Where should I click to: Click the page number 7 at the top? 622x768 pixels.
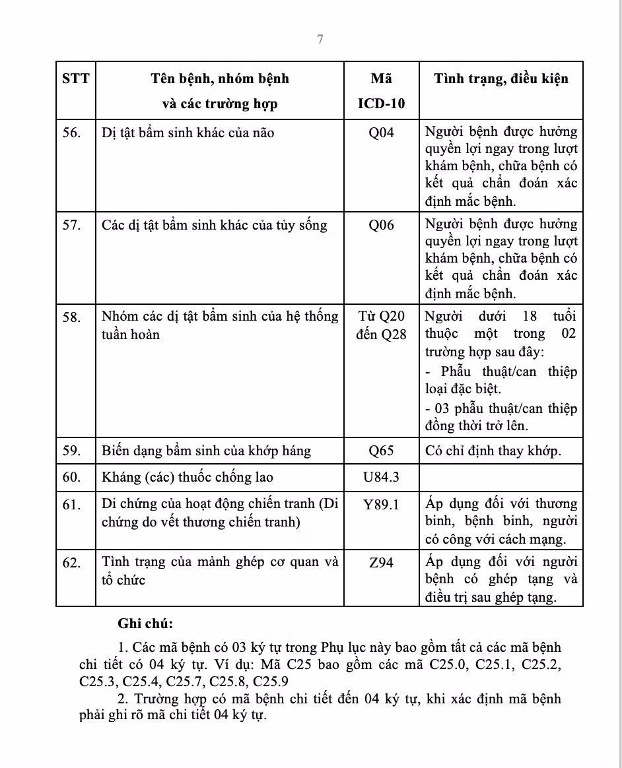(320, 40)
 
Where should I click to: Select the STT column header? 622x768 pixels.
(75, 79)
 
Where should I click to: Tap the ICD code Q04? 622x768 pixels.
(381, 133)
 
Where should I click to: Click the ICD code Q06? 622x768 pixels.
(381, 225)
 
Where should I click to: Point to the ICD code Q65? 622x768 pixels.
(381, 451)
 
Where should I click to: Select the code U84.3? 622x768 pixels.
(381, 477)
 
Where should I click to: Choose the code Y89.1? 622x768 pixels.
(381, 505)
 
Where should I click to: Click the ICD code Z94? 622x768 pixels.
(381, 562)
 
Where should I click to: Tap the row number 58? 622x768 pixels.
(71, 317)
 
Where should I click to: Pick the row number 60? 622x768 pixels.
(71, 477)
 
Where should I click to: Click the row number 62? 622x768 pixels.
(71, 562)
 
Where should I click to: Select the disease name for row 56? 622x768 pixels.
(188, 133)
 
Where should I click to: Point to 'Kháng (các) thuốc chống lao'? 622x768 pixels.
(188, 477)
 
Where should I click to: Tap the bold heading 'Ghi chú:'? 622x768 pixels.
(145, 623)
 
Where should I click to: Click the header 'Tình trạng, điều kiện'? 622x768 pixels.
(501, 79)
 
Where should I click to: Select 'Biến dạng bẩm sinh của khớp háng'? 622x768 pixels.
(206, 451)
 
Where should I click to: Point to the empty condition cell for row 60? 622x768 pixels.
(501, 477)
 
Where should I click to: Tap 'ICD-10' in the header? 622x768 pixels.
(381, 104)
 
